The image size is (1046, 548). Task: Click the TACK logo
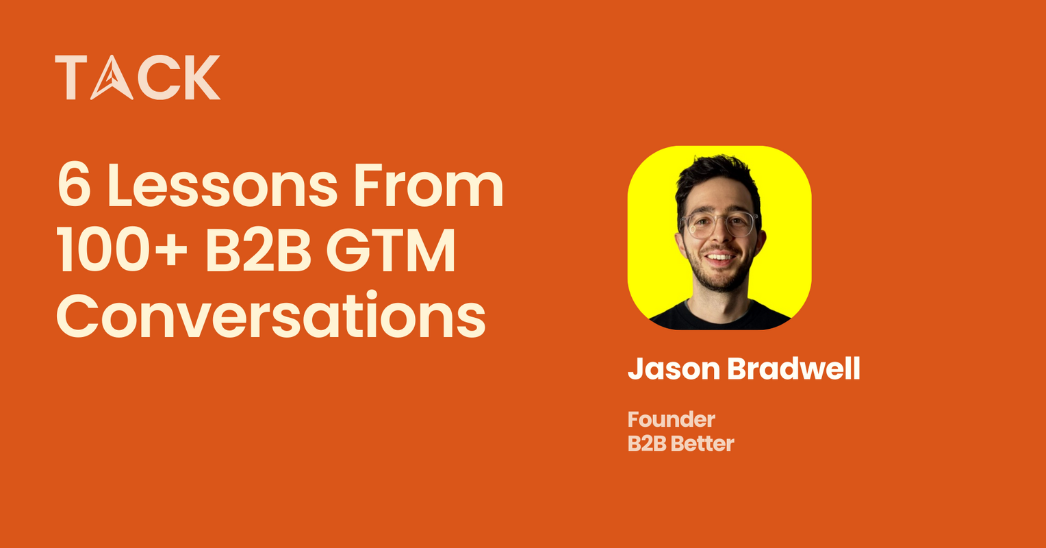[138, 77]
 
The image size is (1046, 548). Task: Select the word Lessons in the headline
[223, 186]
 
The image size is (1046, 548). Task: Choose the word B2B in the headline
[257, 252]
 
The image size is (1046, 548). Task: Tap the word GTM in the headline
[390, 252]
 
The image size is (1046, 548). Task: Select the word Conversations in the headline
[270, 316]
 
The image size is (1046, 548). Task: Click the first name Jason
[674, 370]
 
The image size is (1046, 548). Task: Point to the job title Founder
[671, 419]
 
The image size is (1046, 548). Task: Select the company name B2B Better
[680, 444]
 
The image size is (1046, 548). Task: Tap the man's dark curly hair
[716, 175]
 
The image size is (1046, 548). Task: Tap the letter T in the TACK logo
[71, 77]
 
